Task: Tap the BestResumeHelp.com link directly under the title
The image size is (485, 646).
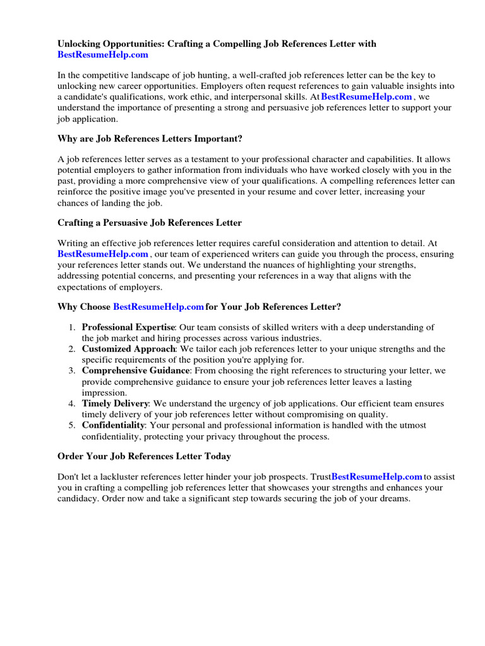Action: click(103, 55)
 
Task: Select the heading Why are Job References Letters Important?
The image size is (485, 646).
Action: click(150, 138)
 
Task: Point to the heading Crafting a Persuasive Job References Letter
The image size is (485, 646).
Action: click(150, 223)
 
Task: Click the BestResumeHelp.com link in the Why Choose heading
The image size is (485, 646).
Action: click(159, 307)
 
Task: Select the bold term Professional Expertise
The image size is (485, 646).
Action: click(129, 327)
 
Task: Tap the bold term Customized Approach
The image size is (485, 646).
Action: click(128, 348)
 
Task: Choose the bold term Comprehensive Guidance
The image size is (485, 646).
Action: click(135, 370)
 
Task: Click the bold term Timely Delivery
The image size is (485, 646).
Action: click(116, 403)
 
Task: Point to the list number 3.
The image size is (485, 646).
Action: click(72, 370)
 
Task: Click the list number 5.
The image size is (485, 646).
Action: click(72, 425)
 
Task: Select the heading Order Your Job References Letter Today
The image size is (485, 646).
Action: click(144, 456)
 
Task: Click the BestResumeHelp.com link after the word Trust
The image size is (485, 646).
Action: click(376, 477)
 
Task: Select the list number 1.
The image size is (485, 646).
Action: click(72, 327)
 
